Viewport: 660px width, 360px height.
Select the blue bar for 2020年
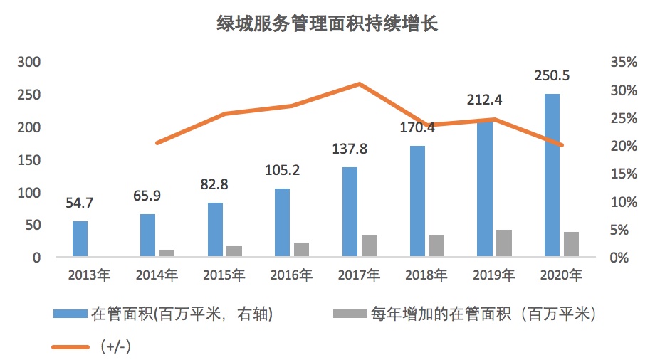[552, 175]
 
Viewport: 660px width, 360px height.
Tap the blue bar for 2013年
[80, 239]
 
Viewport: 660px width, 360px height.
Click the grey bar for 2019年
[504, 243]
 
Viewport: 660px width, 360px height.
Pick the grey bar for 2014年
[167, 253]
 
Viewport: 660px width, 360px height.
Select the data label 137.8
[350, 149]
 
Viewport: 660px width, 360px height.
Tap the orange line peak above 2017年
[360, 84]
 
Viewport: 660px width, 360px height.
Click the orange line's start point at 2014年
[157, 143]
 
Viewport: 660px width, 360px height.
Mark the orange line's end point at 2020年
[562, 145]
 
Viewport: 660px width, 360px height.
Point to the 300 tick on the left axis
[29, 63]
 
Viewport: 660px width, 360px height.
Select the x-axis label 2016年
[292, 275]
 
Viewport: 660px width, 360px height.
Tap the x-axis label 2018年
[426, 275]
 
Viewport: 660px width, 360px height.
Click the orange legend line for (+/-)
[70, 346]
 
